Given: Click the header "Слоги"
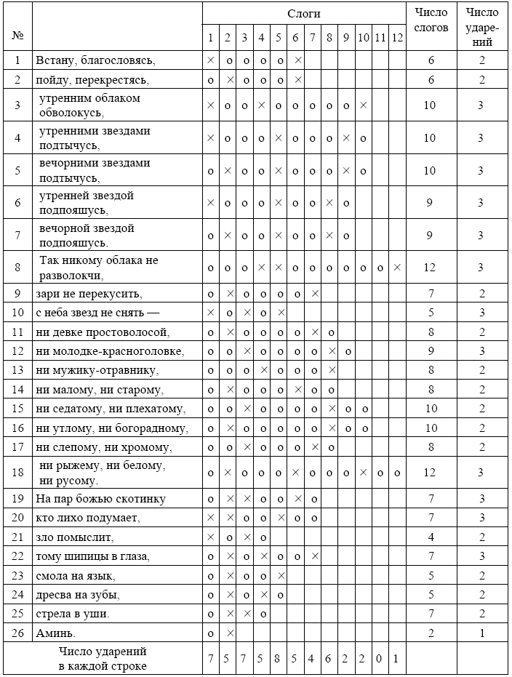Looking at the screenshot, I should (x=303, y=14).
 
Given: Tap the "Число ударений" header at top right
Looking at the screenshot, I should (x=481, y=27).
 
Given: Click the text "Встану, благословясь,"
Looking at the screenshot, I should (x=95, y=60).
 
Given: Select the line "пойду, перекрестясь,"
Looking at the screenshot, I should (x=92, y=79).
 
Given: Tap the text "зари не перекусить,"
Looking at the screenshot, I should (x=89, y=294).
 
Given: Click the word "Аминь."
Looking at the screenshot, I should (x=55, y=633).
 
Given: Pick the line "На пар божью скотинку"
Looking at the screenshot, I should (x=100, y=499).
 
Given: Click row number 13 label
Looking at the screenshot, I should (x=17, y=370).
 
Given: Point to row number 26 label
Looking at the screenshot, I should (x=17, y=633).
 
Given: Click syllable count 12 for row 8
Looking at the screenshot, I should (x=430, y=268).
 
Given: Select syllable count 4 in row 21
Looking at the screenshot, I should (x=430, y=537).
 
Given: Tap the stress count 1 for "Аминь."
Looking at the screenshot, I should (x=481, y=633).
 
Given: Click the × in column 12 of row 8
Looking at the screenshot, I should (x=396, y=268).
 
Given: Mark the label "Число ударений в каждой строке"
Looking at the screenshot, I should (x=103, y=660).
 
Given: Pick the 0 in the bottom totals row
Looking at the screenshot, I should (x=380, y=660).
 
